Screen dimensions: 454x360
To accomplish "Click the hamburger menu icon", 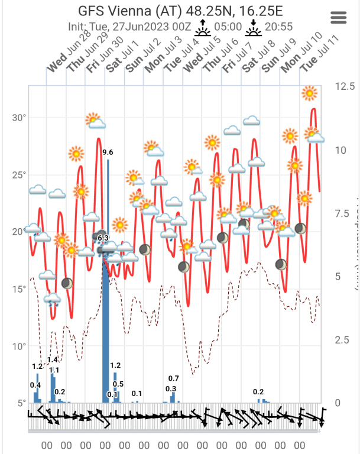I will (x=339, y=17).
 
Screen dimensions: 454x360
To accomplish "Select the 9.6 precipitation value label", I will (x=108, y=153).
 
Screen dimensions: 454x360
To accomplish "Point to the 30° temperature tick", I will (x=20, y=117).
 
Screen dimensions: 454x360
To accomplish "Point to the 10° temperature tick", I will (x=20, y=346).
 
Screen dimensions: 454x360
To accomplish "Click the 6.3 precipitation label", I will (x=103, y=238).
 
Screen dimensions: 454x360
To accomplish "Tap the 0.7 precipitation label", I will (x=174, y=378).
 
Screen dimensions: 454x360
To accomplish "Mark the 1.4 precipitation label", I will (x=53, y=360).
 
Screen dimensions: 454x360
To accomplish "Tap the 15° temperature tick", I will (x=20, y=289).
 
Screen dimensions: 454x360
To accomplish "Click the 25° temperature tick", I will (x=20, y=174).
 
